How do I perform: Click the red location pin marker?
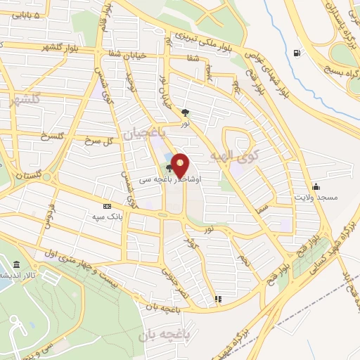(x=180, y=165)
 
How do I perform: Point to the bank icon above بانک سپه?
(x=107, y=206)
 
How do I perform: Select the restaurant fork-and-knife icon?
(x=219, y=299)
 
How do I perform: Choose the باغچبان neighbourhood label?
(x=141, y=131)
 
